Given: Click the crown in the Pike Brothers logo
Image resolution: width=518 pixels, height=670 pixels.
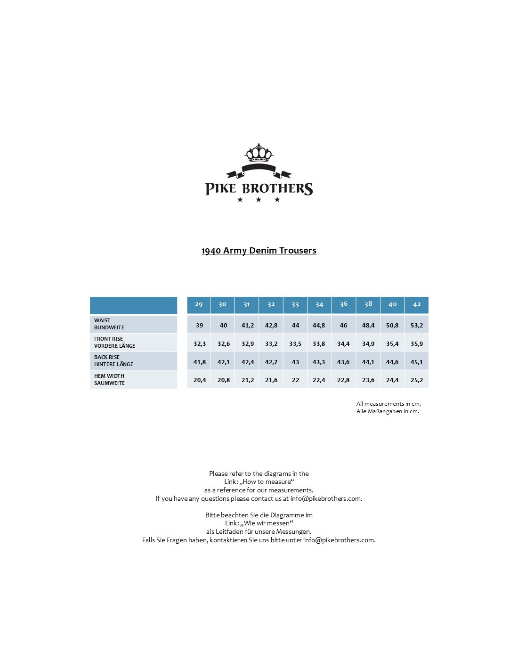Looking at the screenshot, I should click(x=259, y=153).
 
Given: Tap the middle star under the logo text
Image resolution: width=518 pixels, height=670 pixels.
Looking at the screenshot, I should click(x=259, y=200).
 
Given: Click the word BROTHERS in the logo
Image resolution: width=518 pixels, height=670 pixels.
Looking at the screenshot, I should click(x=277, y=189).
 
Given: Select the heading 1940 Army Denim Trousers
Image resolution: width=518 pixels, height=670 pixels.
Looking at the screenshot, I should click(x=259, y=251).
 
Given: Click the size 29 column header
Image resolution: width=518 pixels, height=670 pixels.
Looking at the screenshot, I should click(x=199, y=304).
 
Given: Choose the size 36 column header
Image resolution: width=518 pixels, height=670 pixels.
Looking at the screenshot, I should click(x=344, y=304).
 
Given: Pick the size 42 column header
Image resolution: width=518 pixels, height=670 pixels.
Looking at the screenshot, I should click(x=417, y=304).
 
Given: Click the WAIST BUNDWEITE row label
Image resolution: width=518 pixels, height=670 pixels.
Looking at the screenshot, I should click(x=109, y=324).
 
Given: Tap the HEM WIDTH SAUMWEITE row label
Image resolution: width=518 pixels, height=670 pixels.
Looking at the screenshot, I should click(x=109, y=380).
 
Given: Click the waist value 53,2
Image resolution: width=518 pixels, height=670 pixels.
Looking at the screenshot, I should click(x=417, y=326).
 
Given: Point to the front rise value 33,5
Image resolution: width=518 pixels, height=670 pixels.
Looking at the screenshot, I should click(x=295, y=344).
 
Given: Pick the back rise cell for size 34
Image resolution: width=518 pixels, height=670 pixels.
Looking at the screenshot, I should click(x=319, y=362).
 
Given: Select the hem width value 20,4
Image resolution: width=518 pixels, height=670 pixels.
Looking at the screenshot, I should click(x=200, y=380).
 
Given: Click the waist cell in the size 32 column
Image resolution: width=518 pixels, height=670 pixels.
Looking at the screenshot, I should click(x=271, y=326).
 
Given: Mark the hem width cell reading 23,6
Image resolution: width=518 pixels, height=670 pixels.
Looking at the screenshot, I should click(x=368, y=380).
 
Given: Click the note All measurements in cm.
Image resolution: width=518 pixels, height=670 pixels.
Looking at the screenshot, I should click(x=388, y=404).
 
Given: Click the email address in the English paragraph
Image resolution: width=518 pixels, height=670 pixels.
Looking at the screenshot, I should click(x=326, y=498).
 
